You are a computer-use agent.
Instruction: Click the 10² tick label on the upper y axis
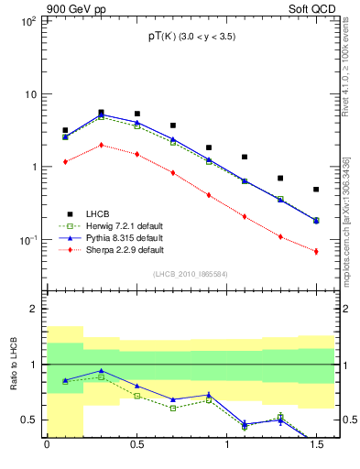point(28,20)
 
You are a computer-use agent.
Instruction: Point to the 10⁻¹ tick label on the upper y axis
point(27,240)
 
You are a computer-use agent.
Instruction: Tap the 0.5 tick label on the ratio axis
point(29,420)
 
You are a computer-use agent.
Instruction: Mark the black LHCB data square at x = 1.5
point(316,190)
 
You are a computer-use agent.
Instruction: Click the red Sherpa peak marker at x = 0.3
point(101,145)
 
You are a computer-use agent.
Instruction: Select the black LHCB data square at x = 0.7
point(172,125)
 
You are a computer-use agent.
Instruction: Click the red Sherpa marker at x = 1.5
point(316,251)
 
